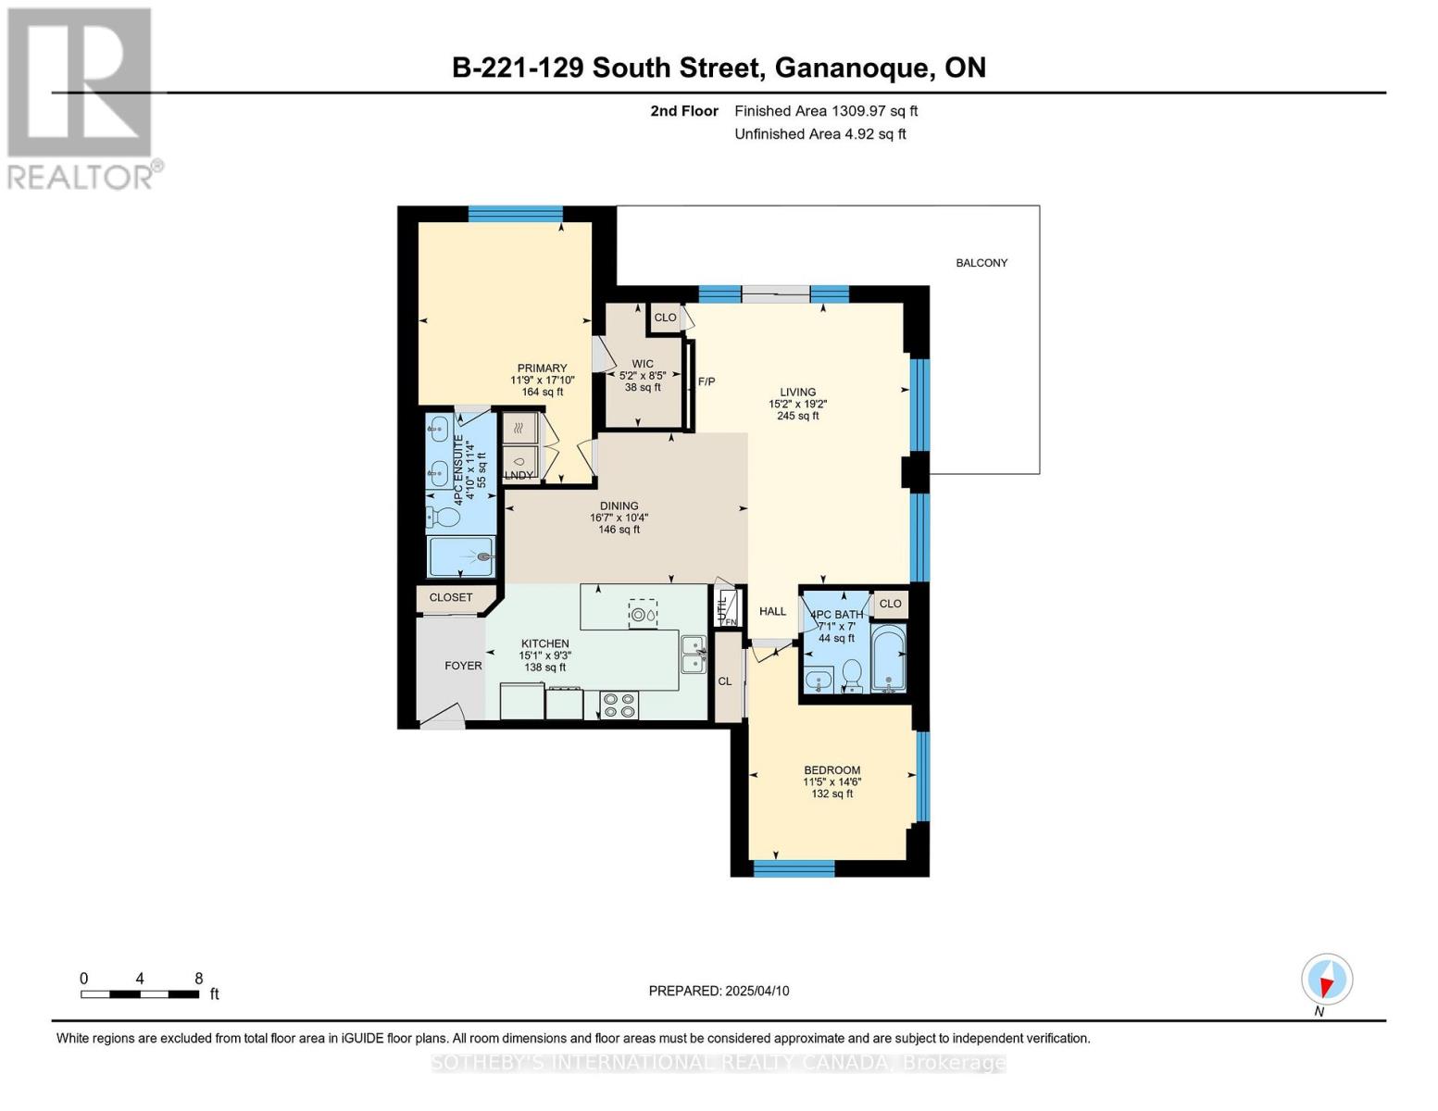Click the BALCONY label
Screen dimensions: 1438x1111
982,263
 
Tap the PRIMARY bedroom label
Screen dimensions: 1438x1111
542,368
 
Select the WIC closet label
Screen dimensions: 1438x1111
642,363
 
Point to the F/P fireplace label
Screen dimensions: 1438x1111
706,381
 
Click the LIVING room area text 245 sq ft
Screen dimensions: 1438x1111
798,416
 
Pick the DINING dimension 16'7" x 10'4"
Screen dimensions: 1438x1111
619,518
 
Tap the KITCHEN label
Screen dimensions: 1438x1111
544,643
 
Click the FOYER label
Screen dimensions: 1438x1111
463,666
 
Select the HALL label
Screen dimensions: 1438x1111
772,611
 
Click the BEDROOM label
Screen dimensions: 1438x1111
832,770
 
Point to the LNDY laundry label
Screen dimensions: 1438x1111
519,475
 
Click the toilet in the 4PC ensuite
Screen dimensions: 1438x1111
444,517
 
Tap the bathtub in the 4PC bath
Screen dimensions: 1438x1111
888,657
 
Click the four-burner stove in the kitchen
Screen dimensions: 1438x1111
619,705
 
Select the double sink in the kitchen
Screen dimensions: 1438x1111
694,655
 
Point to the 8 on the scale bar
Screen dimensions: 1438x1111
198,978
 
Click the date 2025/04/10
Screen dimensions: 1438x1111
757,991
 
